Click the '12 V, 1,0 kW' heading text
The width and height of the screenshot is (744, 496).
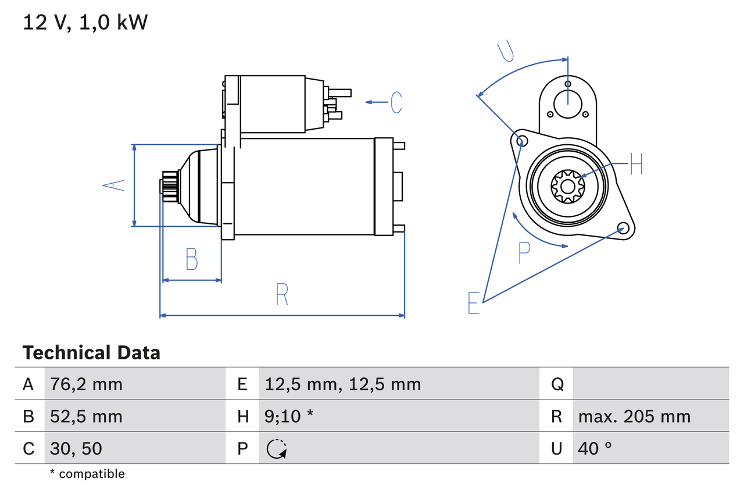[x=85, y=23]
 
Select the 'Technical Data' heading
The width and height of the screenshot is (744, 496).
[x=91, y=353]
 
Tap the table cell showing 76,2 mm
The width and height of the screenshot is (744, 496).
[x=86, y=384]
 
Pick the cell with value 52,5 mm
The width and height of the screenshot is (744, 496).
[x=86, y=416]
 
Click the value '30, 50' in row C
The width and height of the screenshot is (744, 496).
[x=77, y=448]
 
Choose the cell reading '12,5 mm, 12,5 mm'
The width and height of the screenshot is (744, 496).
[x=342, y=384]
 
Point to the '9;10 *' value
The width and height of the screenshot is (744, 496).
[x=289, y=416]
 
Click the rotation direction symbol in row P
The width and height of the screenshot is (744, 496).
[x=276, y=448]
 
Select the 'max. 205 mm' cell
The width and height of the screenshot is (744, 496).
[x=634, y=416]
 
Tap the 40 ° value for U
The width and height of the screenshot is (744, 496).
[x=595, y=448]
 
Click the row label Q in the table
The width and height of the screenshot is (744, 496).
[x=557, y=384]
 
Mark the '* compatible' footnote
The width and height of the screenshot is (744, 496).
[x=87, y=474]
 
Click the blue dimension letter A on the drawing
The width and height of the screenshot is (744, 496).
[x=114, y=185]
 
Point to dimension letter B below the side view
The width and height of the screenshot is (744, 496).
[x=191, y=259]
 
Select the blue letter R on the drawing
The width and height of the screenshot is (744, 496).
[x=282, y=294]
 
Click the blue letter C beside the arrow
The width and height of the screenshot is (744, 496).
[x=396, y=102]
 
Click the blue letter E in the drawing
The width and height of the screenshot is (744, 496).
[x=474, y=303]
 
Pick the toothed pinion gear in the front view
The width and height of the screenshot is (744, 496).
[x=567, y=186]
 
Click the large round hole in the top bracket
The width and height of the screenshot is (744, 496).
[x=567, y=104]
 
